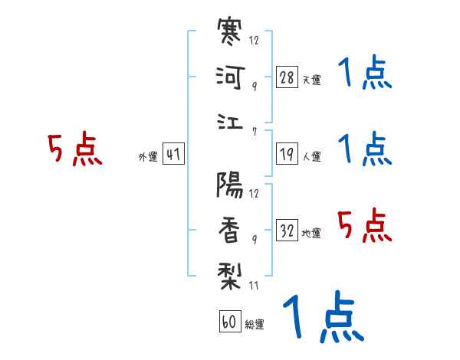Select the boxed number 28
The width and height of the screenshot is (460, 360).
click(x=287, y=77)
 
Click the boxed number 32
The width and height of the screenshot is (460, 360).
click(x=287, y=230)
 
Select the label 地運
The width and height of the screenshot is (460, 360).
click(x=311, y=233)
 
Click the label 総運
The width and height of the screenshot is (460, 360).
click(x=254, y=324)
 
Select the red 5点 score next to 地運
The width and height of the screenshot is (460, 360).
click(x=363, y=226)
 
